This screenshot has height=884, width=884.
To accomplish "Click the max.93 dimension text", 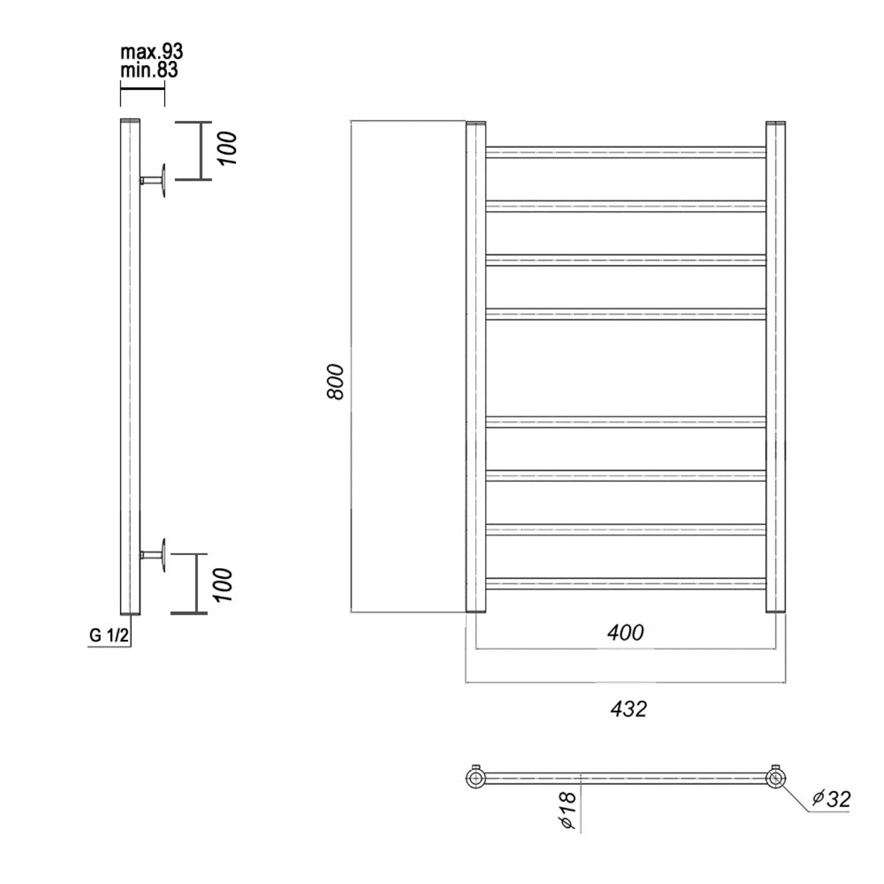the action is [151, 52].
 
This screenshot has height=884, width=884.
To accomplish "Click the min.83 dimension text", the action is [149, 70].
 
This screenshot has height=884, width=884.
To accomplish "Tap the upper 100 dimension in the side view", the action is [226, 148].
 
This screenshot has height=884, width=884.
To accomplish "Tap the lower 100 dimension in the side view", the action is [223, 584].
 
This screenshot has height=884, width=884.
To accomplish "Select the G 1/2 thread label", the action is [109, 635].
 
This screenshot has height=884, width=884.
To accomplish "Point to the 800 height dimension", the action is [335, 381].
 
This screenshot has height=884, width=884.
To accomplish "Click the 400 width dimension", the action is [625, 632].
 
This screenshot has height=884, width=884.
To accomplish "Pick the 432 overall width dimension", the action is [628, 708].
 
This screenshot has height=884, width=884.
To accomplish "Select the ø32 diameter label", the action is [831, 799].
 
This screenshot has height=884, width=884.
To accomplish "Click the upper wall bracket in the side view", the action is [154, 180].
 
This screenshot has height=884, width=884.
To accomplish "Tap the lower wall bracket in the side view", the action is [154, 555].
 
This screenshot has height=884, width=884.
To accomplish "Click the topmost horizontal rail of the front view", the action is [626, 152].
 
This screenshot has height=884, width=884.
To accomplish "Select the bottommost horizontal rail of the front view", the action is [626, 583].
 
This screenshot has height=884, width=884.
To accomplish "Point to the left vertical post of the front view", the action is [476, 367].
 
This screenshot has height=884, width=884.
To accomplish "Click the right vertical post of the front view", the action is [776, 367].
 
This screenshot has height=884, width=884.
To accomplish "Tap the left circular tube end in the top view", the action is [476, 778].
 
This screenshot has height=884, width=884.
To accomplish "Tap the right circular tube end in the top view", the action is [776, 778].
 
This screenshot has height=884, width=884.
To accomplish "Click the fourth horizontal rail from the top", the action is [626, 314].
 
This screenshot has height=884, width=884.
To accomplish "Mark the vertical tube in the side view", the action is [130, 367].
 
